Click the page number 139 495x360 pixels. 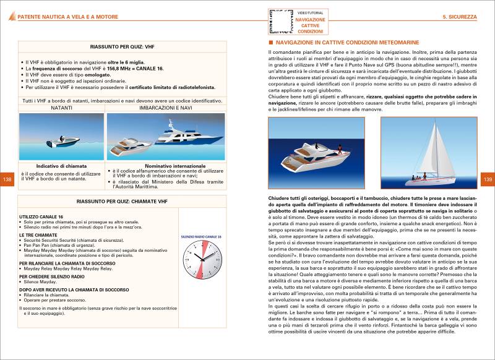[x=486, y=179]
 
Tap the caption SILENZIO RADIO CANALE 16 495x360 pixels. [x=201, y=237]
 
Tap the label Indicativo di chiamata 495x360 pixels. [x=61, y=166]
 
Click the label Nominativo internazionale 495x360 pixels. [x=165, y=166]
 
